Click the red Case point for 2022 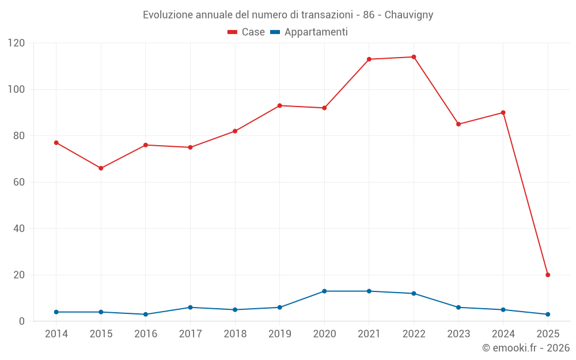pyautogui.click(x=414, y=57)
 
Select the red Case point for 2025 pyautogui.click(x=548, y=275)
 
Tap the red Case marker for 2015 pyautogui.click(x=101, y=168)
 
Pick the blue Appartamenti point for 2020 pyautogui.click(x=324, y=291)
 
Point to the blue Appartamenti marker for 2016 pyautogui.click(x=146, y=314)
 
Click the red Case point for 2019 pyautogui.click(x=280, y=105)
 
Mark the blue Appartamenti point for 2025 pyautogui.click(x=548, y=314)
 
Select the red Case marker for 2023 pyautogui.click(x=458, y=124)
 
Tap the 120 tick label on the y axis pyautogui.click(x=16, y=43)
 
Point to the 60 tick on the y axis pyautogui.click(x=19, y=182)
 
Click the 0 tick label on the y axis pyautogui.click(x=22, y=321)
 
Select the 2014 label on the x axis pyautogui.click(x=56, y=334)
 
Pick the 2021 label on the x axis pyautogui.click(x=369, y=334)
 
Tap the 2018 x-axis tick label pyautogui.click(x=235, y=334)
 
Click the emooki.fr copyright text pyautogui.click(x=525, y=348)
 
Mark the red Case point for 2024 pyautogui.click(x=503, y=112)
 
